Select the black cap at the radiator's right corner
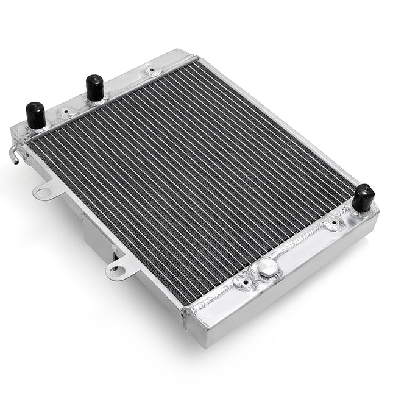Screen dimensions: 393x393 pos(364,197)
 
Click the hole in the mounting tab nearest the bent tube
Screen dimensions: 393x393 pos(43,193)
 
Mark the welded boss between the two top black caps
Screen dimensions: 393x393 pos(63,113)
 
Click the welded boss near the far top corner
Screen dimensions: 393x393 pos(149,72)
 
